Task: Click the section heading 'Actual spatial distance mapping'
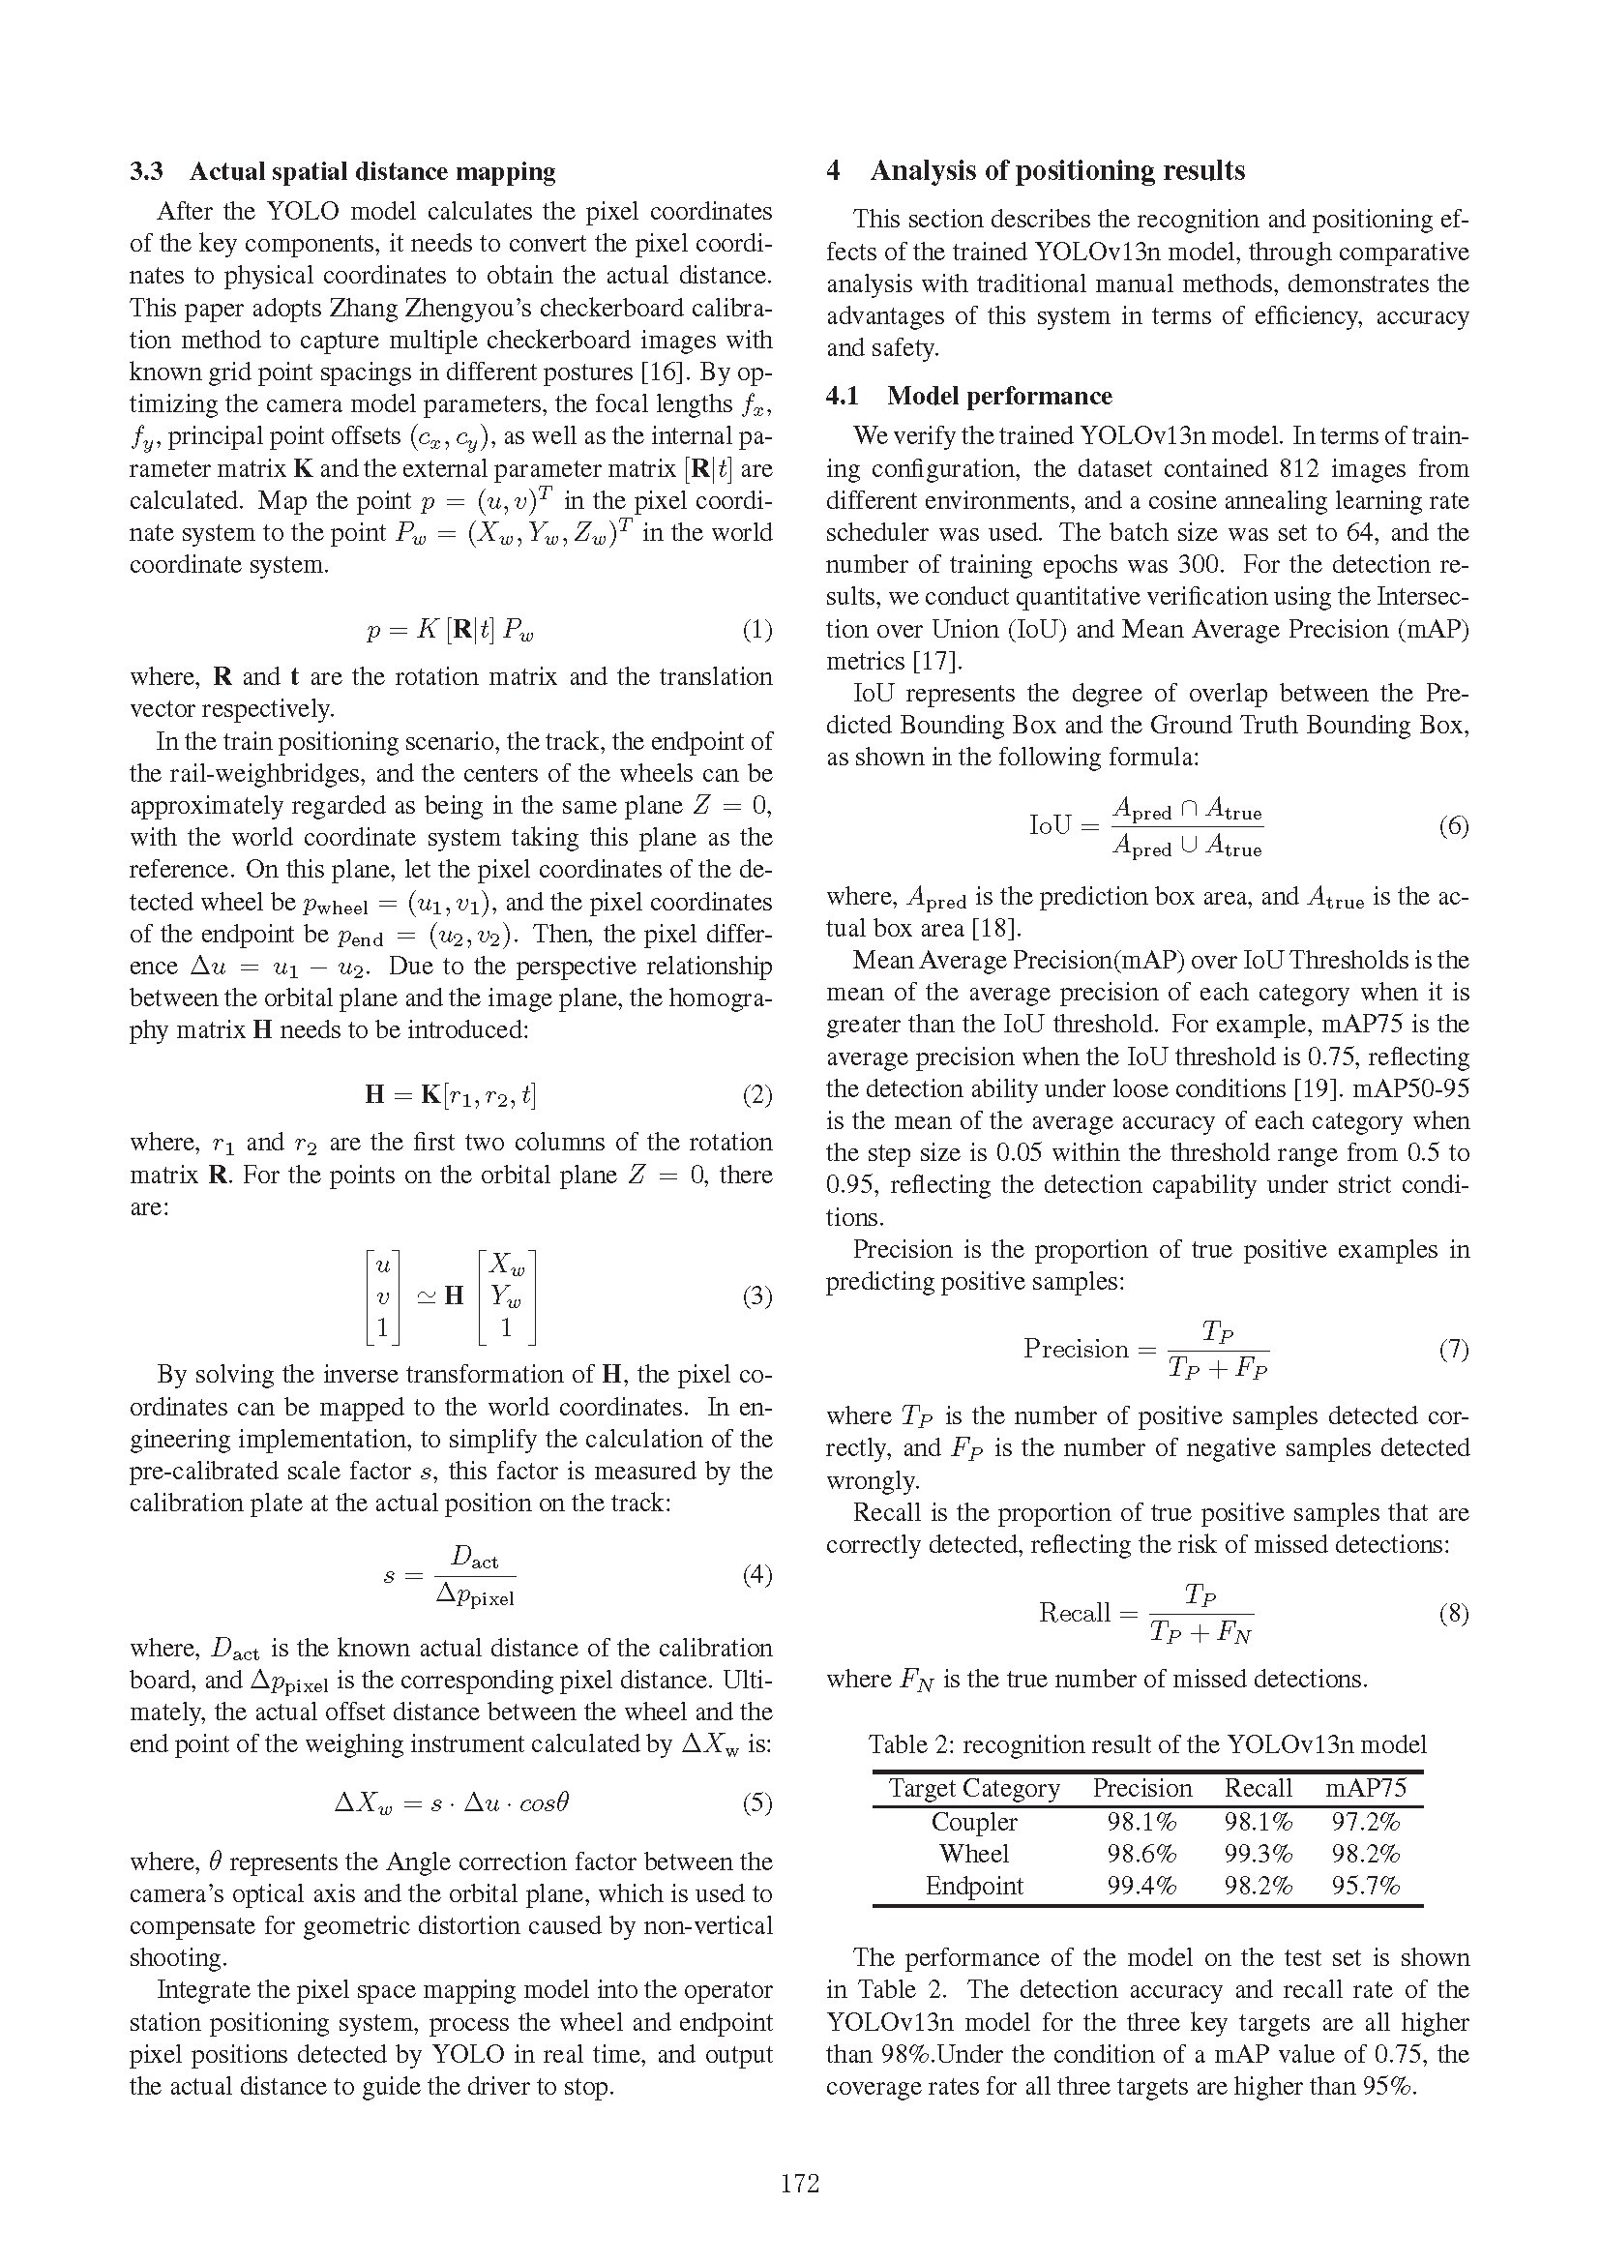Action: click(371, 172)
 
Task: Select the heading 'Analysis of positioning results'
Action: click(1057, 171)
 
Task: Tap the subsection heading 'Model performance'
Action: click(999, 397)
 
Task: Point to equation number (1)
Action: click(756, 630)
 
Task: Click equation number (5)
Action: click(756, 1803)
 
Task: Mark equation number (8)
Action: click(1453, 1614)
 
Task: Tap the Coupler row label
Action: click(973, 1822)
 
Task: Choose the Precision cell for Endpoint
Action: click(1141, 1887)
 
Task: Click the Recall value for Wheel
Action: click(1259, 1854)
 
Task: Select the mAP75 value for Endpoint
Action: click(1366, 1887)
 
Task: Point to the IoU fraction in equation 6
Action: click(1187, 828)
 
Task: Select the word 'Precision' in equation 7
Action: click(1075, 1350)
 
